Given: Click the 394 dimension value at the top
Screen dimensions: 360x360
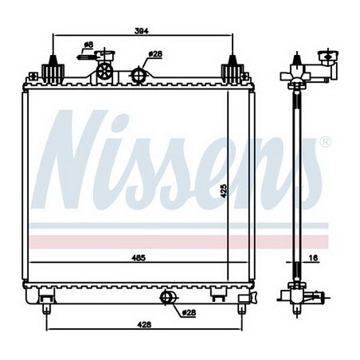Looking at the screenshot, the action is [x=142, y=31].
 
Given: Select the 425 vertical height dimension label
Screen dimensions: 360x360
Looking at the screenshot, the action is [x=224, y=191].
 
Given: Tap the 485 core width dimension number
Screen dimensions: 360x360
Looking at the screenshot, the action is [x=139, y=258].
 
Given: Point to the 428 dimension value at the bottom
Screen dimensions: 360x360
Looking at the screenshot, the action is [x=144, y=324].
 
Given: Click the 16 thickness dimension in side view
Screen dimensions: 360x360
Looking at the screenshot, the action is [x=314, y=258].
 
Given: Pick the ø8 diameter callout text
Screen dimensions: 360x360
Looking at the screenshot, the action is [x=88, y=45].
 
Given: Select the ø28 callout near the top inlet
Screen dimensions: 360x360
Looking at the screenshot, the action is [x=155, y=54].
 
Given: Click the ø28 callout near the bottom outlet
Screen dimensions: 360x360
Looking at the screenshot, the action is [x=189, y=312].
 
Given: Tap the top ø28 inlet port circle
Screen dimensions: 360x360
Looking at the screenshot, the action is [x=139, y=76].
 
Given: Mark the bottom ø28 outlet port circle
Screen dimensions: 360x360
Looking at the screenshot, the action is [x=166, y=298].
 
